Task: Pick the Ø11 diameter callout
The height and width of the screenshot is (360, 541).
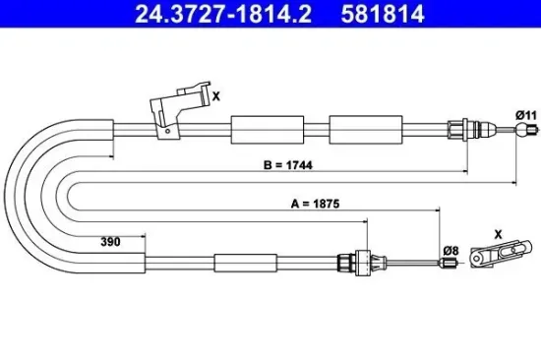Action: click(528, 116)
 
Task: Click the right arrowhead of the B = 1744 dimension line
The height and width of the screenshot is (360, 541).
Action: click(514, 181)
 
